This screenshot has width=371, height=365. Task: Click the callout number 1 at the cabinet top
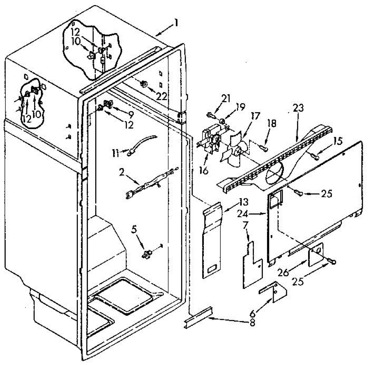tap(176, 23)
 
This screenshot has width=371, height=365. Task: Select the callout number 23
tap(299, 108)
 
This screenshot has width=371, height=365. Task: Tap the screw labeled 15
tap(316, 157)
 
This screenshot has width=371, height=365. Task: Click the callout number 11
tap(116, 153)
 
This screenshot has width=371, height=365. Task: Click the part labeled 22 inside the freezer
tap(144, 83)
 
